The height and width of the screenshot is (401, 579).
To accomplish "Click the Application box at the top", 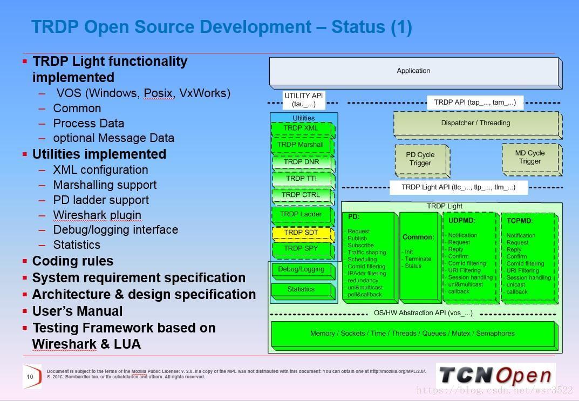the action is [413, 71].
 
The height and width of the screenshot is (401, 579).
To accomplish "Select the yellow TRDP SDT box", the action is [301, 233].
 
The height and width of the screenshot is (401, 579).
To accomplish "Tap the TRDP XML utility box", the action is [301, 128].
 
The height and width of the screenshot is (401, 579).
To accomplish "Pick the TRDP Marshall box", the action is [301, 145].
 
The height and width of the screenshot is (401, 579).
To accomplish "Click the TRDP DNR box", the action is [301, 161].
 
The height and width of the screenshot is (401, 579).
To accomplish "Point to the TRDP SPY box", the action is [301, 249].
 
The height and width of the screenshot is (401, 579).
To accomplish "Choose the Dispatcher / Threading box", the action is [475, 123].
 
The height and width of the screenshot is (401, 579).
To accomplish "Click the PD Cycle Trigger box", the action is [420, 159].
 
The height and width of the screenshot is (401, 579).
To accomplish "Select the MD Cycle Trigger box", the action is [530, 157].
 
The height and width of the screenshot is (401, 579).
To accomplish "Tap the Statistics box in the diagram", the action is [301, 289].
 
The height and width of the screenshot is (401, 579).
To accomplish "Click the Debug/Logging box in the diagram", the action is [301, 269].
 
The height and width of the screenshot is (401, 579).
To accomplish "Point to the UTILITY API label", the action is [304, 100].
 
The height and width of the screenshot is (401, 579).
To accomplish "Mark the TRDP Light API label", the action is [458, 187].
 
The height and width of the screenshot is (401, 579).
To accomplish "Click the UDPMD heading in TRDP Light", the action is [461, 220].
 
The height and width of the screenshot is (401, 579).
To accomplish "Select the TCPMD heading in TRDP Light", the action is [520, 221].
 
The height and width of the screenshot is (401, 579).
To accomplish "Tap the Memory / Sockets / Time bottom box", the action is [412, 334].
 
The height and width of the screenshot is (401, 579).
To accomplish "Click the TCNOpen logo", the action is [495, 376].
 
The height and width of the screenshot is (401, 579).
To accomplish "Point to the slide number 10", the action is [30, 377].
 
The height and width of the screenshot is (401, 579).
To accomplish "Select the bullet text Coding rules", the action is [73, 261].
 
